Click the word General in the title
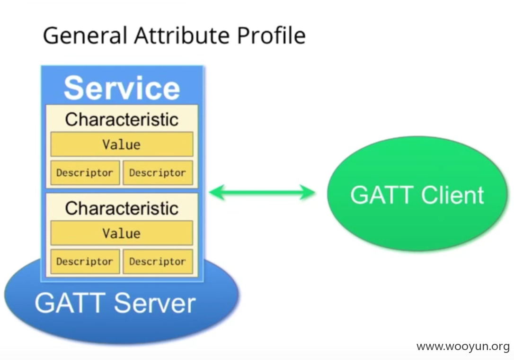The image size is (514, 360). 85,35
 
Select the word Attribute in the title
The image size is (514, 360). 182,35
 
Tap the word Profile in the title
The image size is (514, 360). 271,35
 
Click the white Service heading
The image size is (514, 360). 122,88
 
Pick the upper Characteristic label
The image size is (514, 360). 122,119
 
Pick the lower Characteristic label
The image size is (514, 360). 122,208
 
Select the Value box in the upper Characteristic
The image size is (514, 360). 122,144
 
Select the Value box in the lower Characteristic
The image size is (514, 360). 122,233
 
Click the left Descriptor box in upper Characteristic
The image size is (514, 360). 85,172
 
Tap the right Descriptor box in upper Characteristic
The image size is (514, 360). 158,172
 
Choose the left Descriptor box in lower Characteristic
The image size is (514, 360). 85,261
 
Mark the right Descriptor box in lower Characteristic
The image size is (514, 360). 158,261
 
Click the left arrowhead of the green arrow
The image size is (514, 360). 217,192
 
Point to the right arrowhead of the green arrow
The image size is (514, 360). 307,192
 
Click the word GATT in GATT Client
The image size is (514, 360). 382,195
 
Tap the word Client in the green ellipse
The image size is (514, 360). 452,195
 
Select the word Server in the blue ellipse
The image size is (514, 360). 155,303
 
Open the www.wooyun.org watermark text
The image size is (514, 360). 463,347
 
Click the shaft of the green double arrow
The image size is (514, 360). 262,192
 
